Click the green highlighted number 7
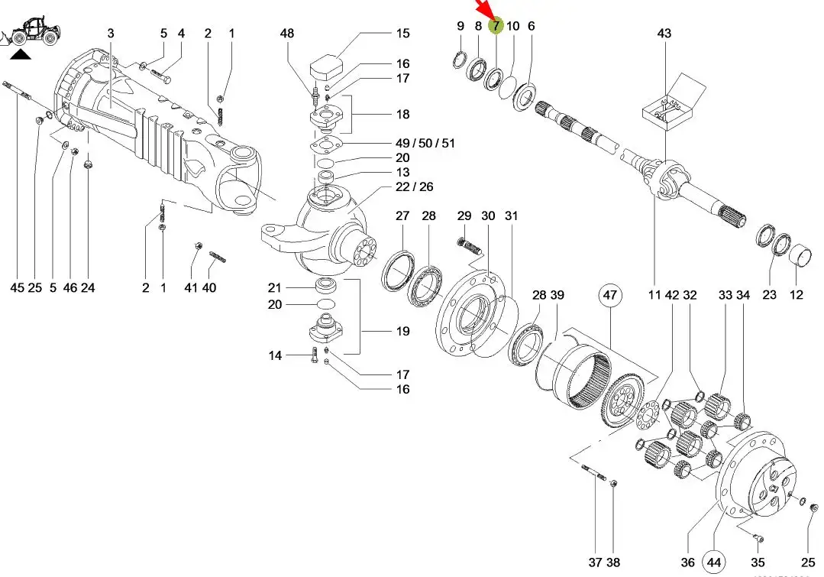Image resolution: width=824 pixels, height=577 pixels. point(496,26)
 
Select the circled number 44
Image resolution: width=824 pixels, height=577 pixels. point(714,562)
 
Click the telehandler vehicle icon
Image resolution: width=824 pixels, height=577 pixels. point(34,31)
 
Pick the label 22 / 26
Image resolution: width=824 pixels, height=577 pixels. point(414,187)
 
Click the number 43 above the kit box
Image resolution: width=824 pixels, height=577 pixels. point(664,33)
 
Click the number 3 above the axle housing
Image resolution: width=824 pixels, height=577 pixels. point(111,33)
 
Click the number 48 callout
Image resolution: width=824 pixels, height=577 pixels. point(286,33)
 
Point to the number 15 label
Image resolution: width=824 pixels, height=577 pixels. point(402,33)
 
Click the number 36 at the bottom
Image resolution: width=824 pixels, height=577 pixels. point(687,562)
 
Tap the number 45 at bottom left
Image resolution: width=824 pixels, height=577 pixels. point(17,287)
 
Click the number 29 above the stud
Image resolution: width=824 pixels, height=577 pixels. point(464,216)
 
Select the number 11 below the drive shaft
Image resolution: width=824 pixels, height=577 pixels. point(654,294)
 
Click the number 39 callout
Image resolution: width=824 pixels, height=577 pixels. point(557,295)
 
